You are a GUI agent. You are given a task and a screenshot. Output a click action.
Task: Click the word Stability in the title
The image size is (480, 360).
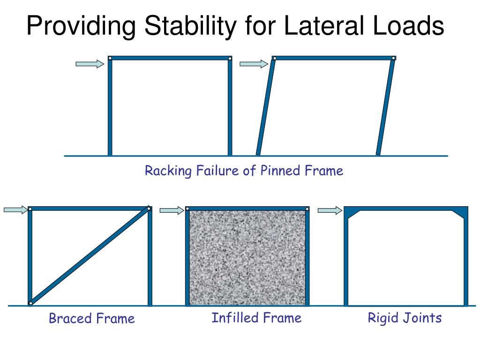[190, 26]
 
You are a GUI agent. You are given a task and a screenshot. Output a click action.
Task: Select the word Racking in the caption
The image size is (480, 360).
[168, 171]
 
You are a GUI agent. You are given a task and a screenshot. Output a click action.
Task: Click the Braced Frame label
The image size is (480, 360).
[92, 318]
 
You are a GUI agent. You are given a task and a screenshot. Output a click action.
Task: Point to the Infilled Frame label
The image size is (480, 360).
[256, 318]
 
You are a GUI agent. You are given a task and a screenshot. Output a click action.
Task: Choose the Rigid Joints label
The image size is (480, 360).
[405, 318]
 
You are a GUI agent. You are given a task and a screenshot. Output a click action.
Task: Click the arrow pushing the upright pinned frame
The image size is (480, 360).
[90, 64]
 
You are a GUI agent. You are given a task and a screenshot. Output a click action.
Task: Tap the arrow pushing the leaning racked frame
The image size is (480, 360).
[254, 64]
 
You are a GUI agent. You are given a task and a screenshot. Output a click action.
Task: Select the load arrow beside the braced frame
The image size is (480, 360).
[15, 210]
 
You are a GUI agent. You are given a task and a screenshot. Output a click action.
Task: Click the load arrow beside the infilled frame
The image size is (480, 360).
[172, 210]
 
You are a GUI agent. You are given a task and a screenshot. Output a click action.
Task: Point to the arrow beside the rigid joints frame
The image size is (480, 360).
[330, 210]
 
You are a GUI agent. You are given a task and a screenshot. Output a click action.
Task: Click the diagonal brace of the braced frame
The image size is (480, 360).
[90, 256]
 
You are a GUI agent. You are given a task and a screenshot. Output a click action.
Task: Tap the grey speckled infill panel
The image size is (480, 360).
[247, 258]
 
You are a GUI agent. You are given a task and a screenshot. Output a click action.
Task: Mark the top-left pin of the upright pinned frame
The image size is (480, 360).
[110, 58]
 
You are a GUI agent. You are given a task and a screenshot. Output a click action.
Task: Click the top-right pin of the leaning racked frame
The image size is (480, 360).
[393, 58]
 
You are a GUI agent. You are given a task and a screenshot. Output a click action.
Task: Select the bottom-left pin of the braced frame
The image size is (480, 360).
[30, 303]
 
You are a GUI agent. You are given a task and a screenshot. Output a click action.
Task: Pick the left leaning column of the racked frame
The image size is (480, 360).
[266, 107]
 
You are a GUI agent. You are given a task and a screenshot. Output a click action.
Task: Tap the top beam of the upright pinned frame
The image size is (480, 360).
[170, 58]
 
